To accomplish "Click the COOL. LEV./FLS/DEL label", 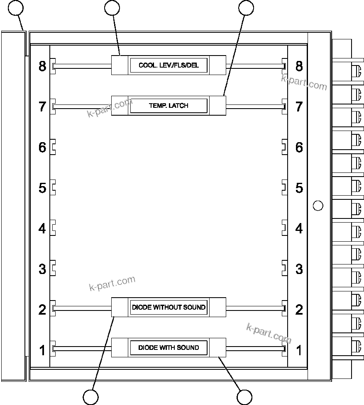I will click(x=169, y=65).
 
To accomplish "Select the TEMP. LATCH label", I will click(x=169, y=106).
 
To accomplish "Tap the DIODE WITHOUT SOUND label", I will click(x=169, y=307).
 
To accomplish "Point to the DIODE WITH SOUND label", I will click(x=169, y=347).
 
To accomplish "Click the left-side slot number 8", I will click(x=42, y=66).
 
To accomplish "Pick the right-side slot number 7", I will click(x=299, y=107).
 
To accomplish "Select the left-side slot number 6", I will click(x=42, y=147).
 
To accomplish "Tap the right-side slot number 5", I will click(x=299, y=188).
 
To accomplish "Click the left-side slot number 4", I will click(x=42, y=228).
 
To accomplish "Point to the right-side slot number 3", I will click(x=299, y=269).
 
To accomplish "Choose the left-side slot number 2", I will click(x=42, y=309).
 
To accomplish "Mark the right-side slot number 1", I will click(x=299, y=350).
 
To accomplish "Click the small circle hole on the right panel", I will click(x=318, y=205).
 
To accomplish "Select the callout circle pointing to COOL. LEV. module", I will click(x=112, y=7).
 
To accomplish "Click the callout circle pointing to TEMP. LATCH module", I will click(x=246, y=7).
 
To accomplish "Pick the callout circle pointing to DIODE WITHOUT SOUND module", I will click(x=90, y=397).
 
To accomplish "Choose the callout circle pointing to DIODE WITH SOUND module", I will click(x=244, y=397).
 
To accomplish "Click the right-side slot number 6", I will click(x=299, y=147).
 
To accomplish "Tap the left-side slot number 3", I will click(x=42, y=269).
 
